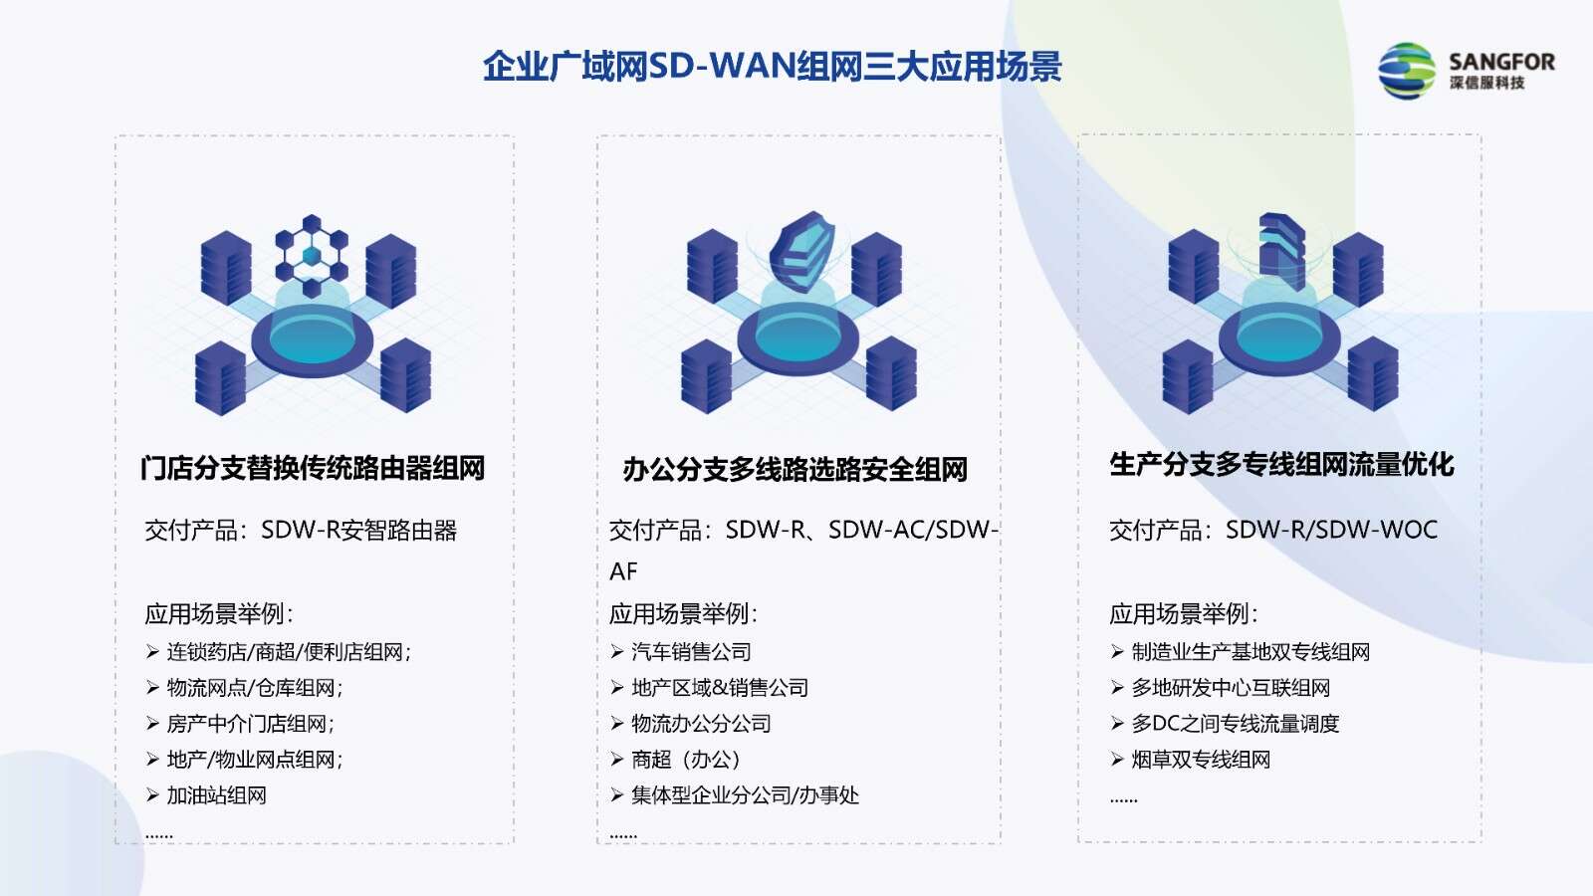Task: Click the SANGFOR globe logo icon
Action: [1407, 71]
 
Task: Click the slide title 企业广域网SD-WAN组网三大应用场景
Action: [773, 67]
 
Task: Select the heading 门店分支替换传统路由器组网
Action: [313, 468]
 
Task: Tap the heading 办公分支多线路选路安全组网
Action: [796, 469]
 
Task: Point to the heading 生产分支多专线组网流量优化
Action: [1281, 464]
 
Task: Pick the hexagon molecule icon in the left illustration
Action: [312, 255]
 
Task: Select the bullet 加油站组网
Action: [216, 795]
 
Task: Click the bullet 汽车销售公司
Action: [691, 651]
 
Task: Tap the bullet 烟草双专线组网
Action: [1201, 760]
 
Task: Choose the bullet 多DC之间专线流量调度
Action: [1236, 723]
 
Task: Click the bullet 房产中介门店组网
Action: [250, 723]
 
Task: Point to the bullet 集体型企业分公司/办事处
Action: [746, 795]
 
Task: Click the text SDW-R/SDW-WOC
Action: [1331, 530]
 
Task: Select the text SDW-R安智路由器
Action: [359, 530]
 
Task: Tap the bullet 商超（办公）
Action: [686, 760]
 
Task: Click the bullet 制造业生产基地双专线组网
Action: [1251, 651]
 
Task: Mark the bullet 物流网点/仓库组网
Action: [255, 688]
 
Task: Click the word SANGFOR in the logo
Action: [1502, 62]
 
